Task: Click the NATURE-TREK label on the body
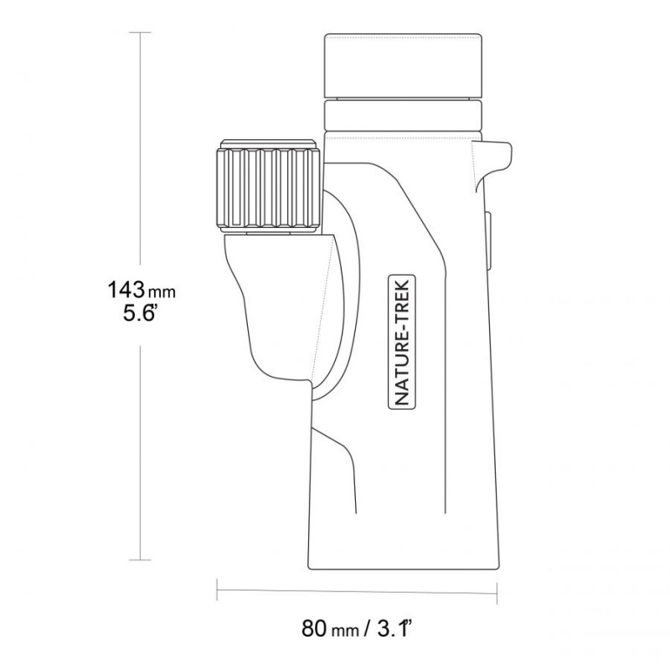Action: click(402, 342)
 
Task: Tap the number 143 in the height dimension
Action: click(126, 289)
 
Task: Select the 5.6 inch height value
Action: click(137, 313)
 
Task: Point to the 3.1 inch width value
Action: click(394, 627)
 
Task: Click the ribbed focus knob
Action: click(269, 188)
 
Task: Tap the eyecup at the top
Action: click(404, 65)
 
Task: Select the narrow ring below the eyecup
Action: click(404, 115)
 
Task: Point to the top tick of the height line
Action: click(140, 33)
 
